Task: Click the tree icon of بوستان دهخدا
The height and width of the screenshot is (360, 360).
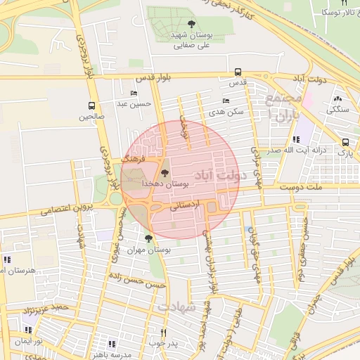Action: point(165,172)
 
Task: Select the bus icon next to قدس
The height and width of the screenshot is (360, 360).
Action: point(238,72)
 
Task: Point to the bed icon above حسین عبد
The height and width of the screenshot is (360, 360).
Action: point(134,94)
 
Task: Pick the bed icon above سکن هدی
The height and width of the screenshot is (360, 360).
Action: point(226,101)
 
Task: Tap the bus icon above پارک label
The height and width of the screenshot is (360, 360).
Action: point(345,142)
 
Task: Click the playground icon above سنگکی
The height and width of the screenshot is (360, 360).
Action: point(337,99)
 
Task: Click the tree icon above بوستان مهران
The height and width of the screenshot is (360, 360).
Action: point(148,238)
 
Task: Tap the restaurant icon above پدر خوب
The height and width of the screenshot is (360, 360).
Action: point(164,333)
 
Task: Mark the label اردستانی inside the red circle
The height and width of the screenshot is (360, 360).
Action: point(185,205)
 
